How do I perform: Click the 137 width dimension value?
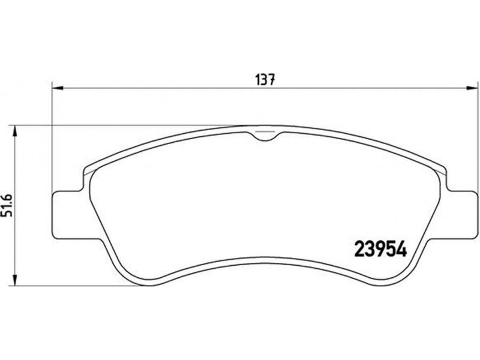[x=265, y=80]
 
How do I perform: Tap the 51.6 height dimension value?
[x=7, y=205]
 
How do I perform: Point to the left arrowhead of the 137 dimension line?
[x=57, y=88]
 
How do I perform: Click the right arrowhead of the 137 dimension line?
[x=472, y=88]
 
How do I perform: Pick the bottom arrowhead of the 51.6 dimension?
[x=14, y=280]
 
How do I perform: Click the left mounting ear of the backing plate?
[x=68, y=214]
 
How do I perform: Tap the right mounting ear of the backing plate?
[x=461, y=214]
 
